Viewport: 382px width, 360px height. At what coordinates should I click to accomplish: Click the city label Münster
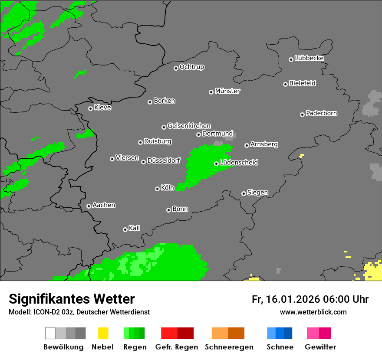pyautogui.click(x=227, y=91)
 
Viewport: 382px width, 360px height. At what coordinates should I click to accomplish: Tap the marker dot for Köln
pyautogui.click(x=157, y=189)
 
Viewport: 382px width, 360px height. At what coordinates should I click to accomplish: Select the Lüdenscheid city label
pyautogui.click(x=239, y=163)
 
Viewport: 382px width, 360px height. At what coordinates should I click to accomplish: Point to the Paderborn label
pyautogui.click(x=321, y=114)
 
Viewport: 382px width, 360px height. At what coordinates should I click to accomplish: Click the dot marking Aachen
pyautogui.click(x=89, y=206)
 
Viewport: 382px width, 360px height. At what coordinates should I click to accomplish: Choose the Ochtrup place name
pyautogui.click(x=191, y=67)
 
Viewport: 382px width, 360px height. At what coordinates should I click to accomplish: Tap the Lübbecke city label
pyautogui.click(x=309, y=58)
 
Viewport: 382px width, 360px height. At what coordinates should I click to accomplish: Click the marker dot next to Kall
pyautogui.click(x=125, y=229)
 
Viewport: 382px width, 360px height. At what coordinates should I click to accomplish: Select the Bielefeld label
pyautogui.click(x=302, y=83)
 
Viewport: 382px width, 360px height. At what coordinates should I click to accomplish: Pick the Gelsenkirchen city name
pyautogui.click(x=189, y=126)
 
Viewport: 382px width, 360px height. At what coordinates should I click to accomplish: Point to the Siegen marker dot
pyautogui.click(x=244, y=193)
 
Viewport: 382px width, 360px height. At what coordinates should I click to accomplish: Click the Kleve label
pyautogui.click(x=102, y=108)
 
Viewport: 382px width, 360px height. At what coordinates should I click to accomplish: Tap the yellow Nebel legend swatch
pyautogui.click(x=103, y=333)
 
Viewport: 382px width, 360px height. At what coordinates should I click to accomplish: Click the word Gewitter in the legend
pyautogui.click(x=320, y=347)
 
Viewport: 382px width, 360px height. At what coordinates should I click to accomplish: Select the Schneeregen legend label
pyautogui.click(x=229, y=347)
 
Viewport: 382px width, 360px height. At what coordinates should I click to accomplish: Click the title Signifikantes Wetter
pyautogui.click(x=72, y=299)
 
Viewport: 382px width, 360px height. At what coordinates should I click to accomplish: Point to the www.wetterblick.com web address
pyautogui.click(x=313, y=312)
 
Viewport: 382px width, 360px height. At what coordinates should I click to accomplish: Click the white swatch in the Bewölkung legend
pyautogui.click(x=50, y=333)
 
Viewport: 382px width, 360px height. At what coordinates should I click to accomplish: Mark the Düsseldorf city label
pyautogui.click(x=164, y=160)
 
